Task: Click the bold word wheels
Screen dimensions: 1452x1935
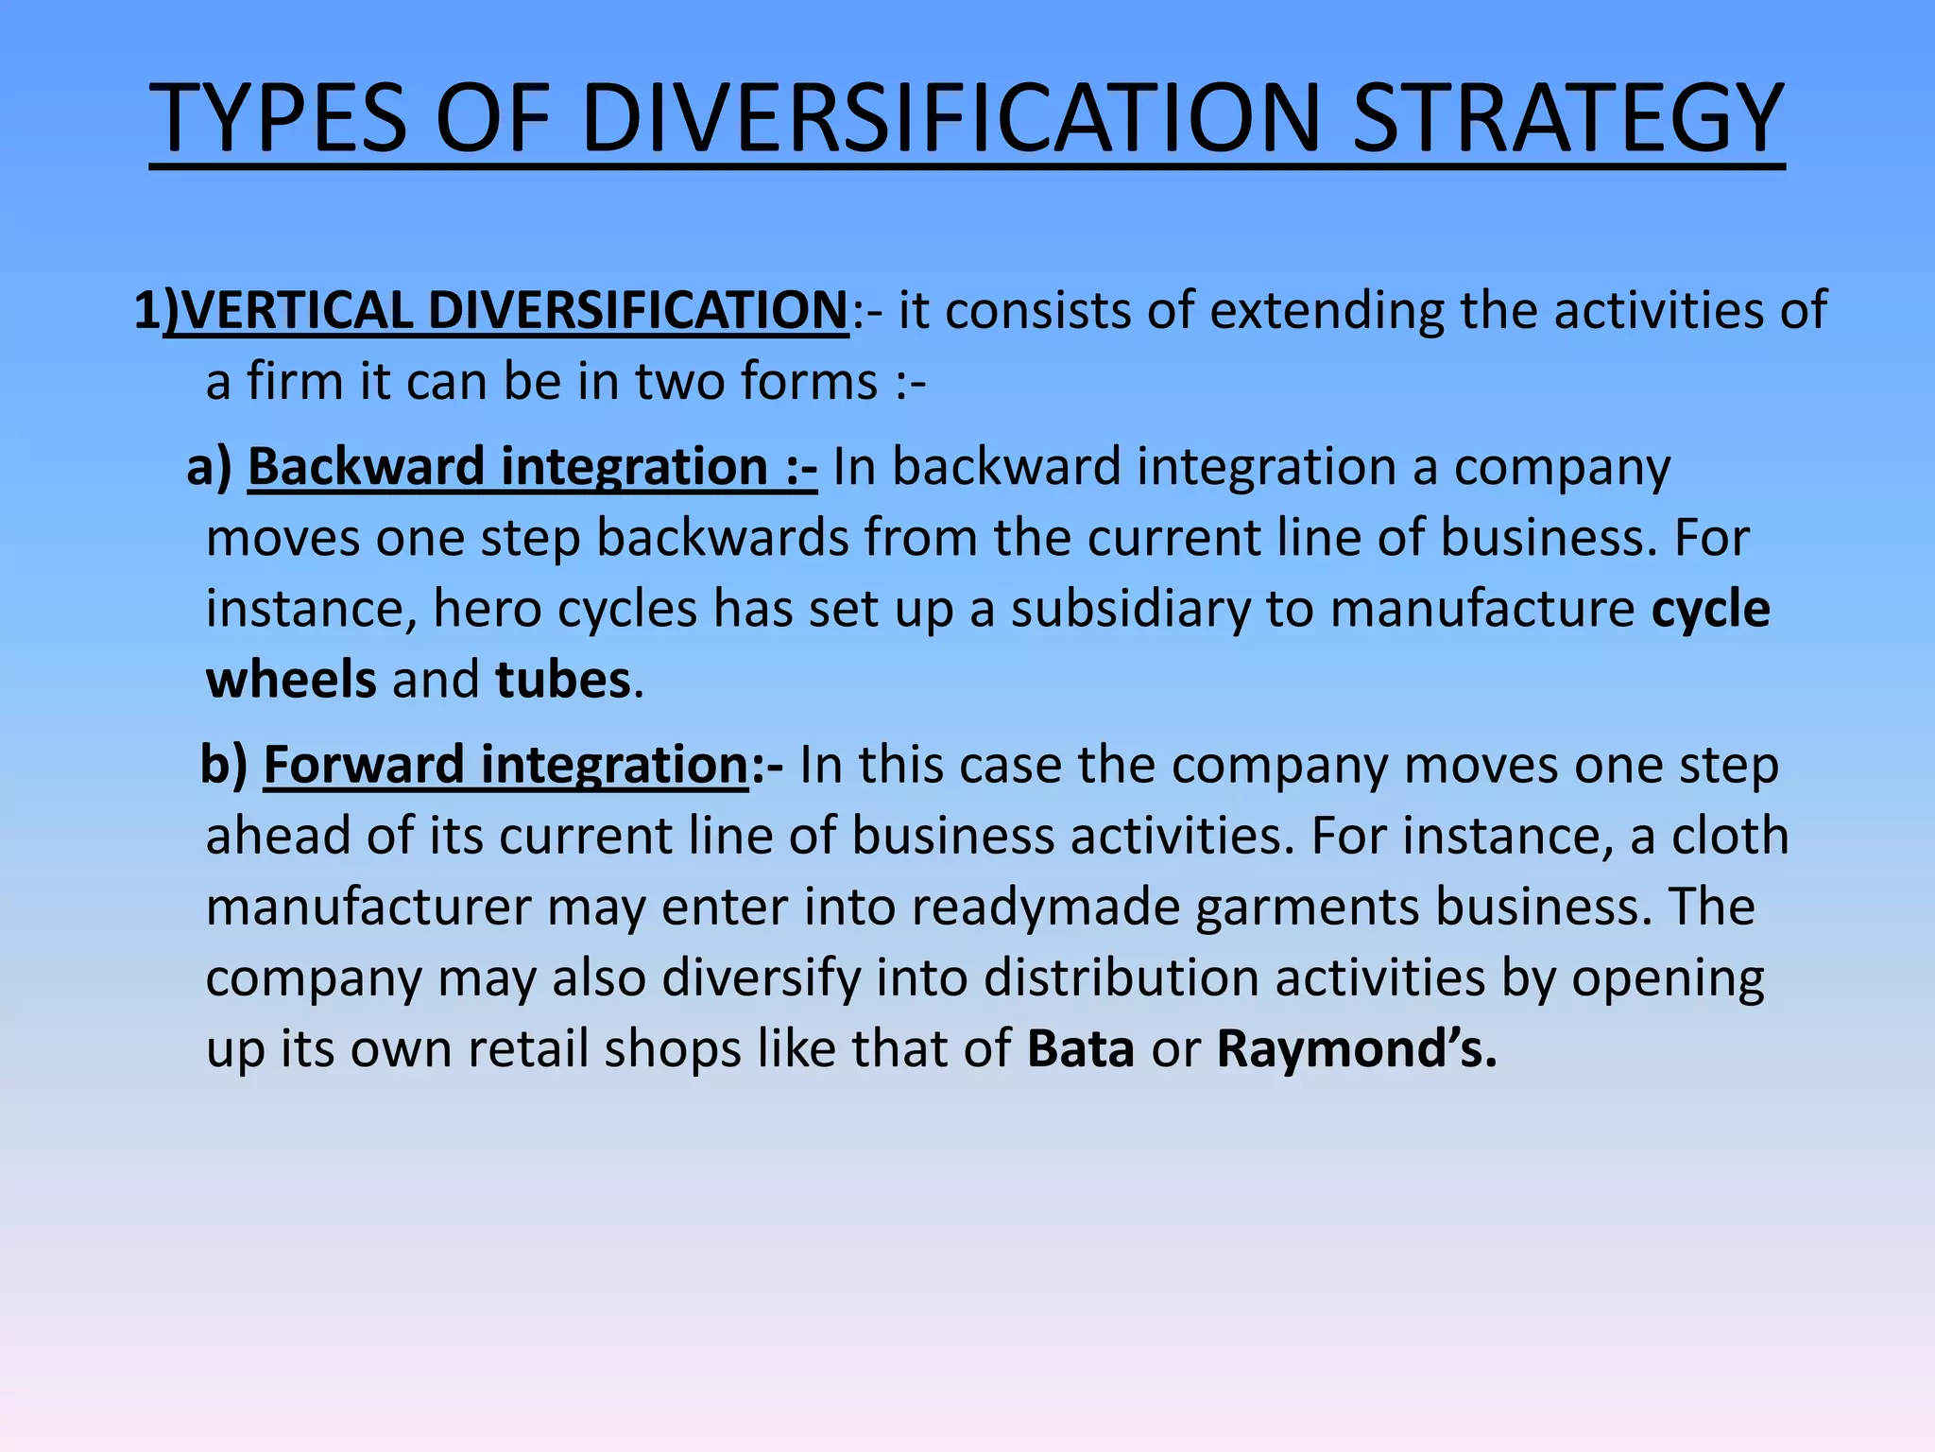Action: (291, 680)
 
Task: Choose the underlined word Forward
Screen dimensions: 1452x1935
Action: (365, 765)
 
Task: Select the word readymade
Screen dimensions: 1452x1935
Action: (1046, 907)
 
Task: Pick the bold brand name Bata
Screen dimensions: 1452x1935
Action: (1081, 1048)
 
